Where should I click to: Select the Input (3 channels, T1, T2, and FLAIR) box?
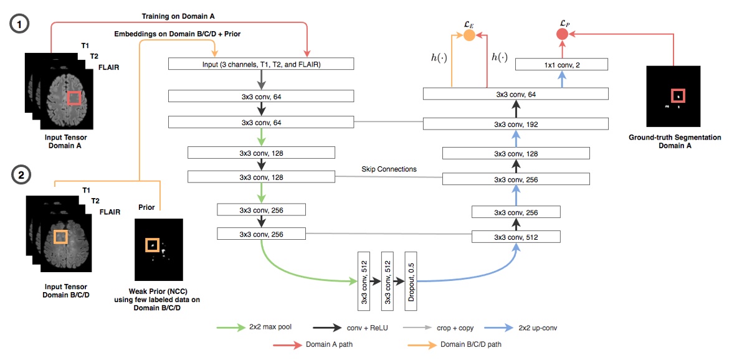point(261,64)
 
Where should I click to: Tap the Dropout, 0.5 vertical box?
point(411,281)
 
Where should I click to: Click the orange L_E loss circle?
point(469,36)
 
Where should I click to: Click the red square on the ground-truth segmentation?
point(677,96)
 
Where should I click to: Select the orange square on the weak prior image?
point(152,245)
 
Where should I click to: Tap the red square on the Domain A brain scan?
point(74,98)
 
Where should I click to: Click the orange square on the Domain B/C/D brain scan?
point(60,236)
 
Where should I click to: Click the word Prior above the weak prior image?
point(146,207)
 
